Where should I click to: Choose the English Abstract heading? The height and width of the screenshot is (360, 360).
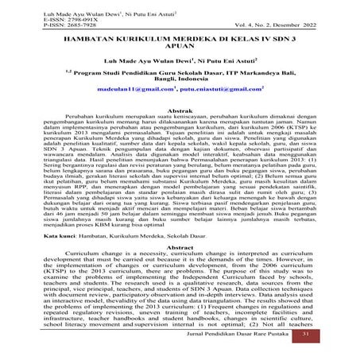[180, 247]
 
